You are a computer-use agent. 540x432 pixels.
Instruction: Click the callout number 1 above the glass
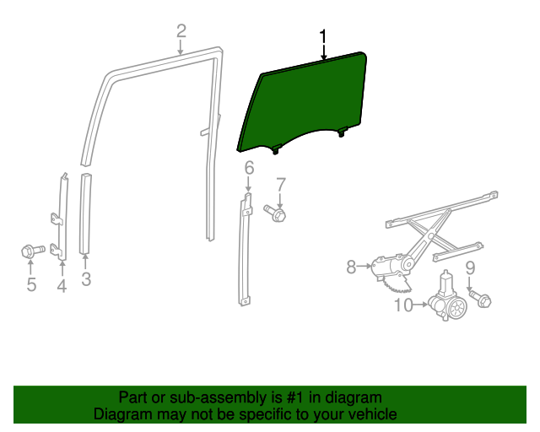click(x=322, y=37)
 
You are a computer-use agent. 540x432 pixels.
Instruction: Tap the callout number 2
click(x=181, y=32)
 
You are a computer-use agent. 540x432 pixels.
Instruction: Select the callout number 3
click(x=86, y=279)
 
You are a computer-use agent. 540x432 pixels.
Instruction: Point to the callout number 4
click(x=62, y=286)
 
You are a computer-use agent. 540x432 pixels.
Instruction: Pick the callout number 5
click(x=31, y=284)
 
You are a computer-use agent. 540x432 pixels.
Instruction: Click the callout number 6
click(x=249, y=169)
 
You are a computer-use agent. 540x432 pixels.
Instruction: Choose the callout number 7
click(x=281, y=184)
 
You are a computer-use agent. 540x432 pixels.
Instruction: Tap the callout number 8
click(x=352, y=267)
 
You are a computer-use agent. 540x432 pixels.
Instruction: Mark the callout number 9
click(x=471, y=268)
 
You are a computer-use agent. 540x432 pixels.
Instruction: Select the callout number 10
click(x=403, y=305)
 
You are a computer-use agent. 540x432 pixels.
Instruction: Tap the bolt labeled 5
click(x=30, y=251)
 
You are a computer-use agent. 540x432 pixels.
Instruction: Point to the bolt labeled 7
click(x=276, y=213)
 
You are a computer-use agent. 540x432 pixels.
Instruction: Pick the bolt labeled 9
click(x=481, y=298)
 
